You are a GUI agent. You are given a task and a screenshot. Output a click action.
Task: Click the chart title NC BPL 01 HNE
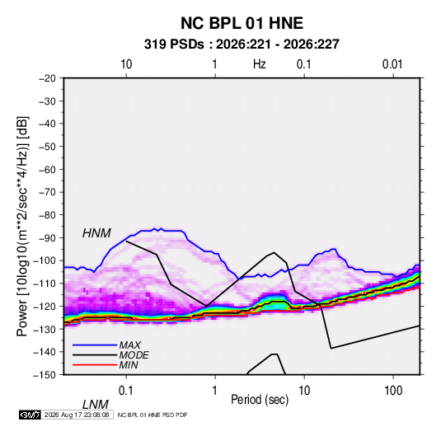point(242,23)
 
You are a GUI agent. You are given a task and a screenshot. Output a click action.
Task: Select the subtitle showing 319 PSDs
point(242,45)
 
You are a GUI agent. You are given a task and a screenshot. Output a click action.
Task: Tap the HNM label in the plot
point(96,233)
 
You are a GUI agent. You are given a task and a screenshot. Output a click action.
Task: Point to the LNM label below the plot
point(96,405)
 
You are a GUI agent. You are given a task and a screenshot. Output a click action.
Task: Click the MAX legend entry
point(129,345)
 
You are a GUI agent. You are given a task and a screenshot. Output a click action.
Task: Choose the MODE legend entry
point(134,355)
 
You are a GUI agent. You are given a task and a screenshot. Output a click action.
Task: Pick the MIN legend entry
point(129,365)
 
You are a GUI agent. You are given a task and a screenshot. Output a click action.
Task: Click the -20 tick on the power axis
point(47,78)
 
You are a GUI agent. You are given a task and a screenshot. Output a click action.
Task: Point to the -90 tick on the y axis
point(47,238)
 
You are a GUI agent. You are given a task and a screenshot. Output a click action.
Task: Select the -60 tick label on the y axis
point(47,169)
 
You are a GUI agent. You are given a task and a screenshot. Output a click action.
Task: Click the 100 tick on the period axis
point(393,391)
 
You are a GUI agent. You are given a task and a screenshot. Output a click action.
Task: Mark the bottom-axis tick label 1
point(214,391)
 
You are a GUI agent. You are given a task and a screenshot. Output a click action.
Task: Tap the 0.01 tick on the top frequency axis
point(392,64)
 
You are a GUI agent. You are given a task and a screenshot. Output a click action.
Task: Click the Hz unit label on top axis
point(260,64)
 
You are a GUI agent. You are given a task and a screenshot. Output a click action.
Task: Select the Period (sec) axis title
point(260,400)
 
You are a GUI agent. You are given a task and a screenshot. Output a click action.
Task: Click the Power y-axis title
point(22,226)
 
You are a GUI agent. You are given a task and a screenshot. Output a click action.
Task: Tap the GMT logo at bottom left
point(30,415)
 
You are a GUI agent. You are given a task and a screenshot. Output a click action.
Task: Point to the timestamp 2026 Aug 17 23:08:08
point(77,415)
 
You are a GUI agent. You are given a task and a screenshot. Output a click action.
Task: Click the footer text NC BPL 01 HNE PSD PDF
point(152,415)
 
